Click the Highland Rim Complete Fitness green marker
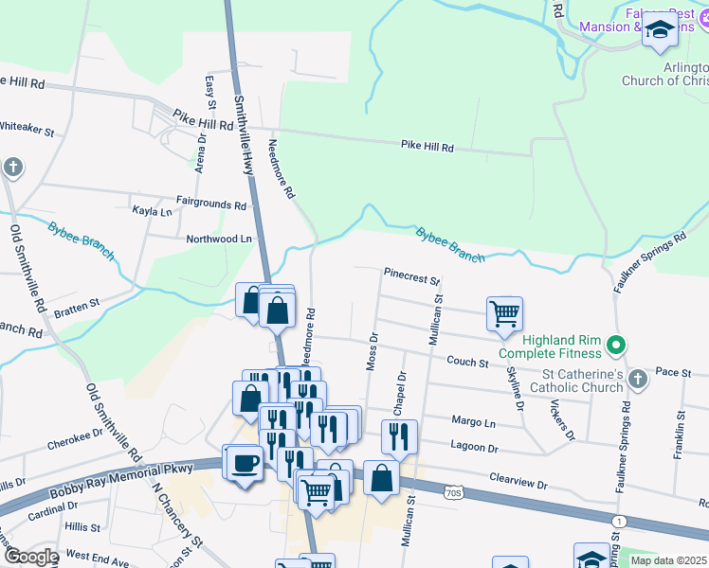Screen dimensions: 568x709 (617, 345)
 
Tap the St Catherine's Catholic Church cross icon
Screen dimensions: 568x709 (638, 380)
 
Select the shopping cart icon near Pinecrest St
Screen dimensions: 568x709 (504, 312)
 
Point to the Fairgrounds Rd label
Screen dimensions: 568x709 (210, 204)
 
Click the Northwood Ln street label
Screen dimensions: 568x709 (220, 240)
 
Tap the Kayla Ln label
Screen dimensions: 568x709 (152, 212)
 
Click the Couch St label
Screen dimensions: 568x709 (466, 362)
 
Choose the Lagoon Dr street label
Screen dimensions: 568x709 (474, 448)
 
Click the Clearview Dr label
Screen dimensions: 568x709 (518, 483)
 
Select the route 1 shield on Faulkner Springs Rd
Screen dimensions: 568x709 (620, 521)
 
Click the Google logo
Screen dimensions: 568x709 (30, 557)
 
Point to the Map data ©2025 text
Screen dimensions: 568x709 (668, 560)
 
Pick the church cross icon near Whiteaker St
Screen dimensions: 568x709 (12, 169)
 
